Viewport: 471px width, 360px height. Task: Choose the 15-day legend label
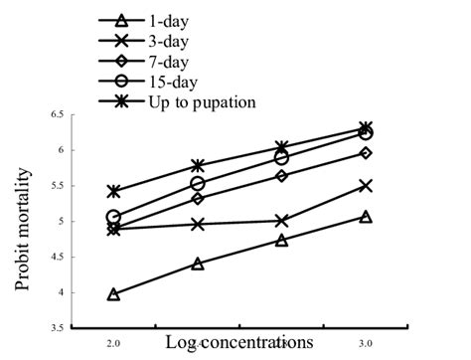point(198,81)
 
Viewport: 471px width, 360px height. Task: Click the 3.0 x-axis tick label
point(367,340)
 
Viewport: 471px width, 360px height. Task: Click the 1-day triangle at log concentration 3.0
point(367,217)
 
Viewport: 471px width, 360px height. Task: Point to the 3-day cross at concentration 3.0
point(367,186)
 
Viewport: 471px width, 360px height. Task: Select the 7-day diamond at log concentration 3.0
point(367,153)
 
